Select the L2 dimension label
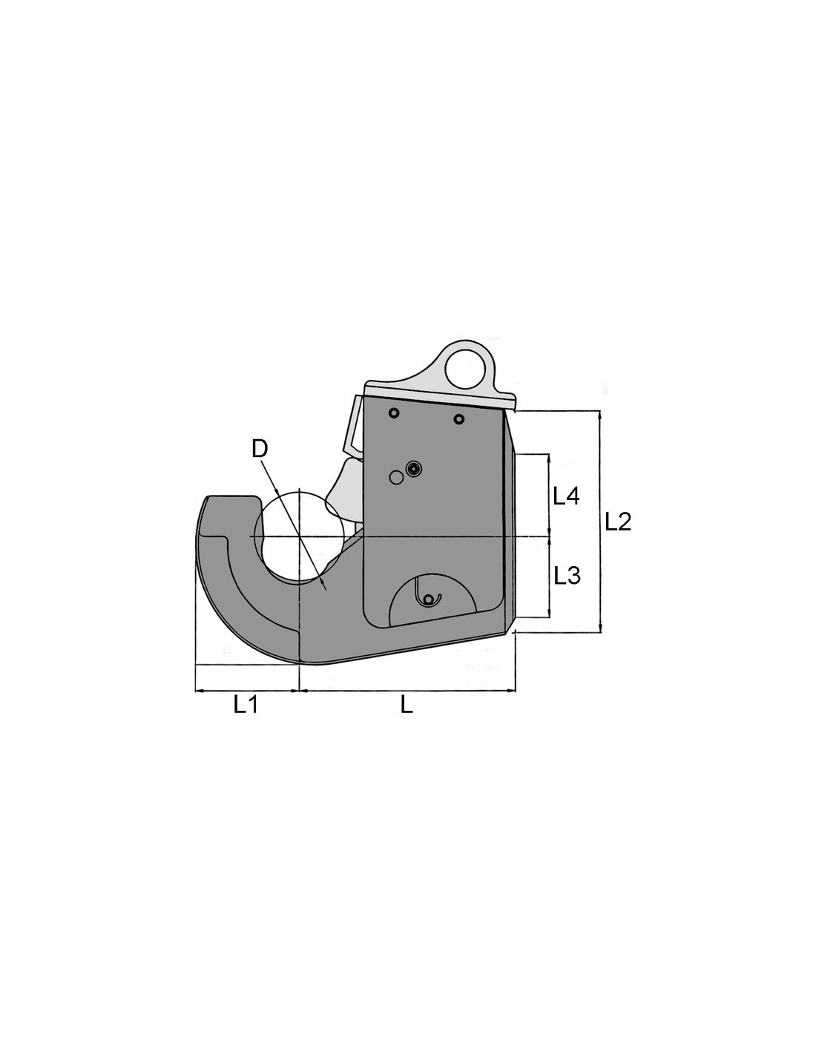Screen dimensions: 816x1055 point(618,522)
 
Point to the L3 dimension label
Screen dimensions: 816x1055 point(567,576)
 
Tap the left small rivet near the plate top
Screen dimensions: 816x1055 point(394,413)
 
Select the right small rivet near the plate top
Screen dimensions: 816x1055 point(458,418)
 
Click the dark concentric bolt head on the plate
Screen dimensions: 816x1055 point(414,469)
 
